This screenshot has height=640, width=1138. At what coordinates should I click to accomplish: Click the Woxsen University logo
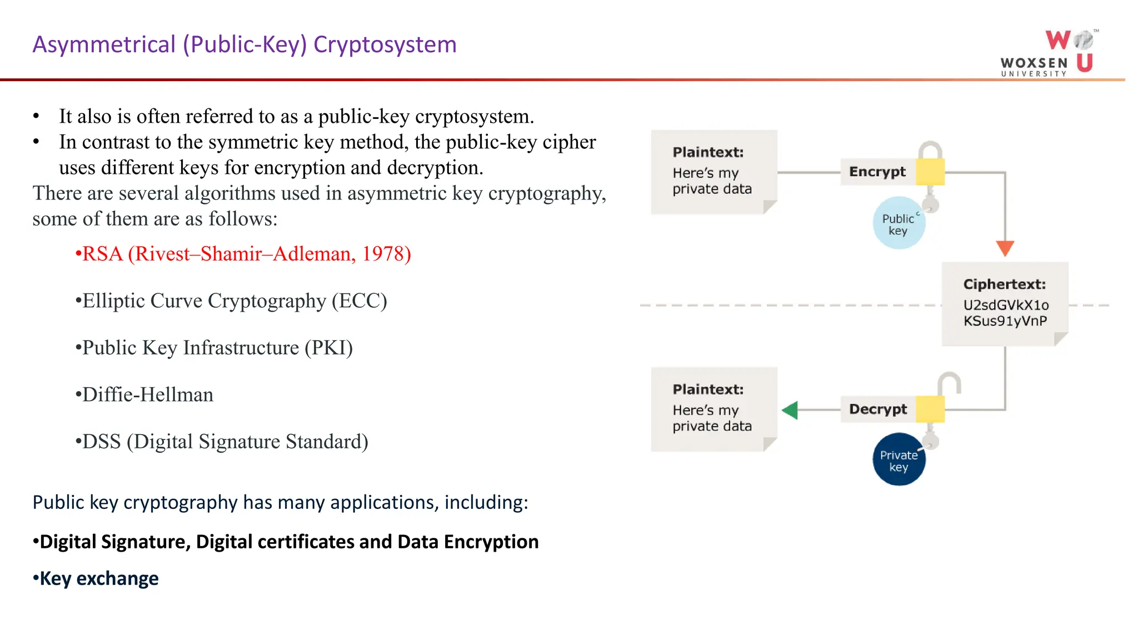[x=1047, y=53]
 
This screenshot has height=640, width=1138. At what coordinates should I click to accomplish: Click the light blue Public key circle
[x=899, y=223]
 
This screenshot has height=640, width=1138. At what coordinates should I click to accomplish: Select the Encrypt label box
[x=877, y=172]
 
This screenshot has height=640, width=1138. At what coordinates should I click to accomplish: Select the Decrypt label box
[x=878, y=409]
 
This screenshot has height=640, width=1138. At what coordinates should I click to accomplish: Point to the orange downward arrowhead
[x=1005, y=248]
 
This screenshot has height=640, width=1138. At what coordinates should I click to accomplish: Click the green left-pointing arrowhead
[x=790, y=410]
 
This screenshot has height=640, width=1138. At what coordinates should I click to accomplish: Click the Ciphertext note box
[x=1005, y=304]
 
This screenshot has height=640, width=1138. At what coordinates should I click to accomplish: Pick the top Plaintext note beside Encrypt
[x=713, y=172]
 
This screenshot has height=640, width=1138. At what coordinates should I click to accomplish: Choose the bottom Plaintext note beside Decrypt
[x=713, y=409]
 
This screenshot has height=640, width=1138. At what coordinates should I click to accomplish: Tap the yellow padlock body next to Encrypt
[x=930, y=172]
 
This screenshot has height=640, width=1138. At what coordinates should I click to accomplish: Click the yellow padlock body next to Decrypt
[x=930, y=409]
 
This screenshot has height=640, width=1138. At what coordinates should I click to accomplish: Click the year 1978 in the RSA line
[x=383, y=254]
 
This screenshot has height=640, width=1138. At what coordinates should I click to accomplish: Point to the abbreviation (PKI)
[x=328, y=348]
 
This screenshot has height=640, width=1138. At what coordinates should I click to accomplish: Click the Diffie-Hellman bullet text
[x=148, y=395]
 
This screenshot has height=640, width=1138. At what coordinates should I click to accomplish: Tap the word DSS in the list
[x=102, y=442]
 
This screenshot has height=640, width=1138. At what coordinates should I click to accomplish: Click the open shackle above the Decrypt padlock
[x=949, y=382]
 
